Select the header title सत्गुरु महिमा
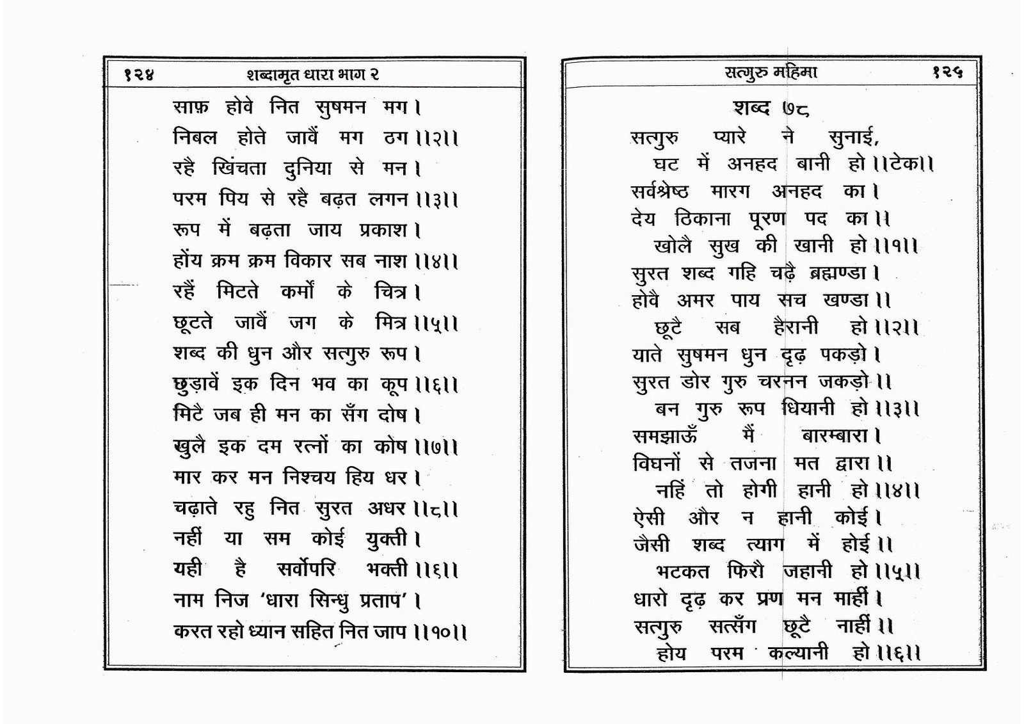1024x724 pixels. click(771, 72)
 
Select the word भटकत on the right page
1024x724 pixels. click(683, 571)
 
